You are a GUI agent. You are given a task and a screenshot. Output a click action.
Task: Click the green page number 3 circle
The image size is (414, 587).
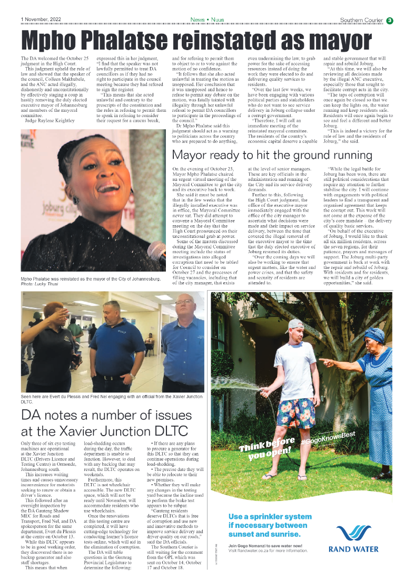(389, 21)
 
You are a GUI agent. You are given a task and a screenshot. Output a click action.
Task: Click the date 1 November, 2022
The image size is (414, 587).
(41, 20)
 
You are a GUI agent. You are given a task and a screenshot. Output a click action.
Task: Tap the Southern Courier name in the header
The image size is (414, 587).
(361, 20)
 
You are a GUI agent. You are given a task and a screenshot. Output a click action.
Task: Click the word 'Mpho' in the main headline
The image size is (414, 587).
(54, 40)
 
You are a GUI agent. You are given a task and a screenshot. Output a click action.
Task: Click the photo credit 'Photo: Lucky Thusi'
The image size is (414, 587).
(40, 284)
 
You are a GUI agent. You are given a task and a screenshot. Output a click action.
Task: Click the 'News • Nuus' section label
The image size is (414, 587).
(207, 20)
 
